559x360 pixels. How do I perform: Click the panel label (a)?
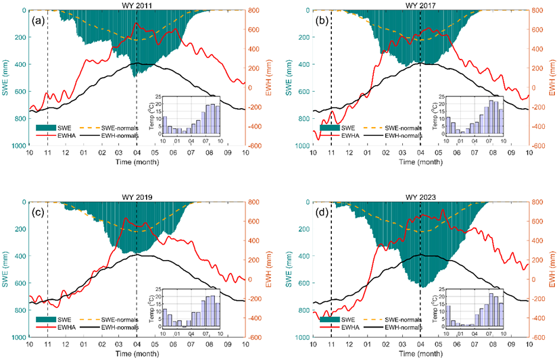coord(38,20)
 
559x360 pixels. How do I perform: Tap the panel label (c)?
coord(38,211)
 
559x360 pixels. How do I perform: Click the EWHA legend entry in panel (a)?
coord(70,135)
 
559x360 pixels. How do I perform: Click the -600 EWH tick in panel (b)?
coord(538,146)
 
